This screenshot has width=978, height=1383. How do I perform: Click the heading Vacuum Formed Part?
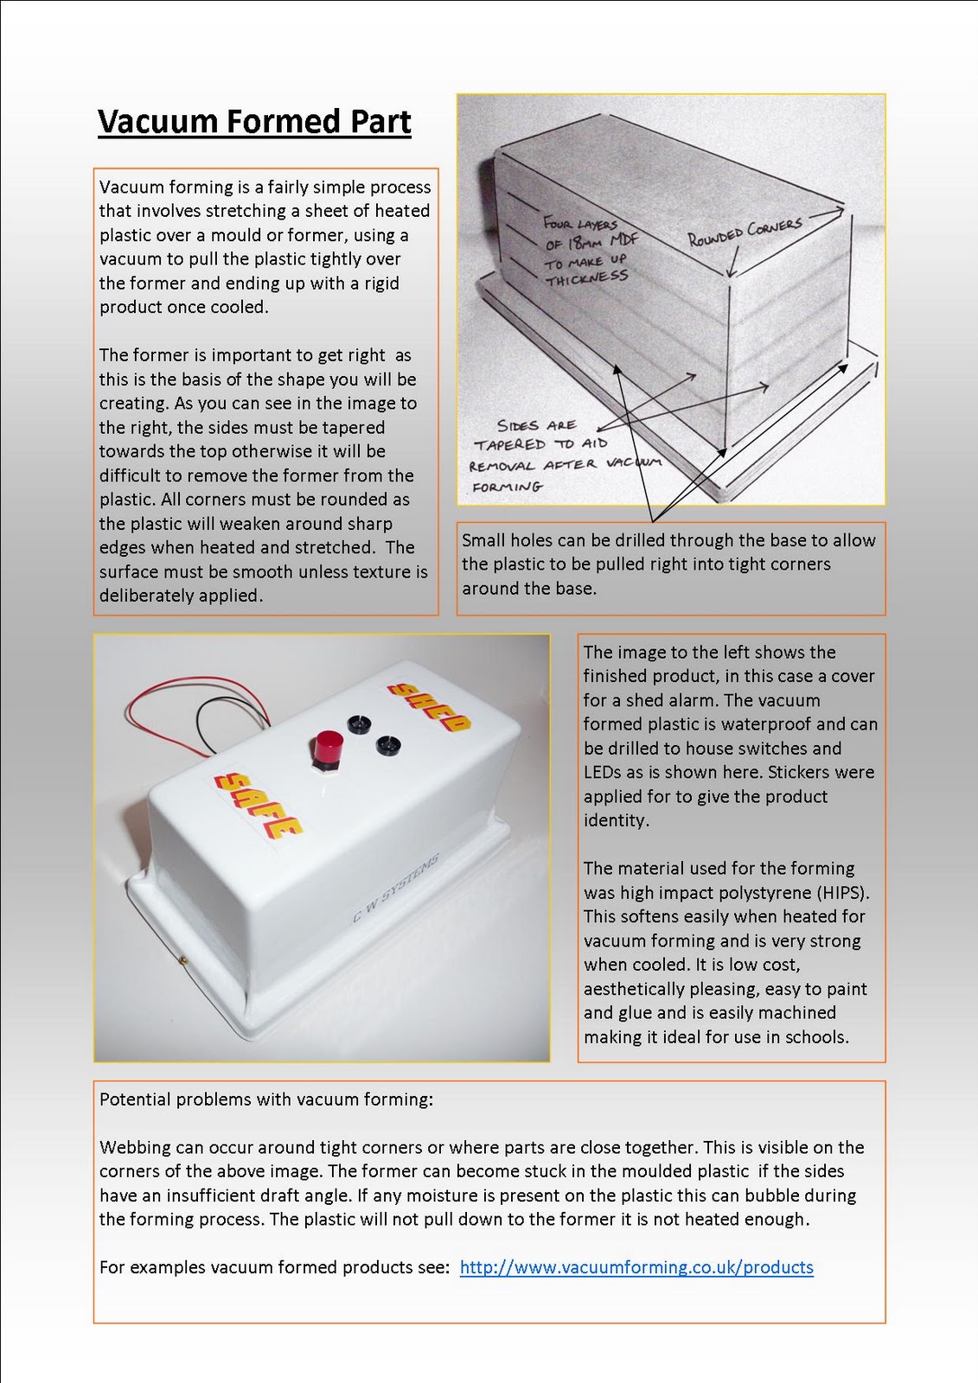point(254,122)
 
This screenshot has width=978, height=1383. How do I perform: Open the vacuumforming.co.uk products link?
point(636,1267)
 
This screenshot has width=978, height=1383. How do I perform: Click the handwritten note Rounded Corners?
point(745,232)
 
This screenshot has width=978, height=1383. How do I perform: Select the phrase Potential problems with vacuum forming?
point(265,1099)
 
